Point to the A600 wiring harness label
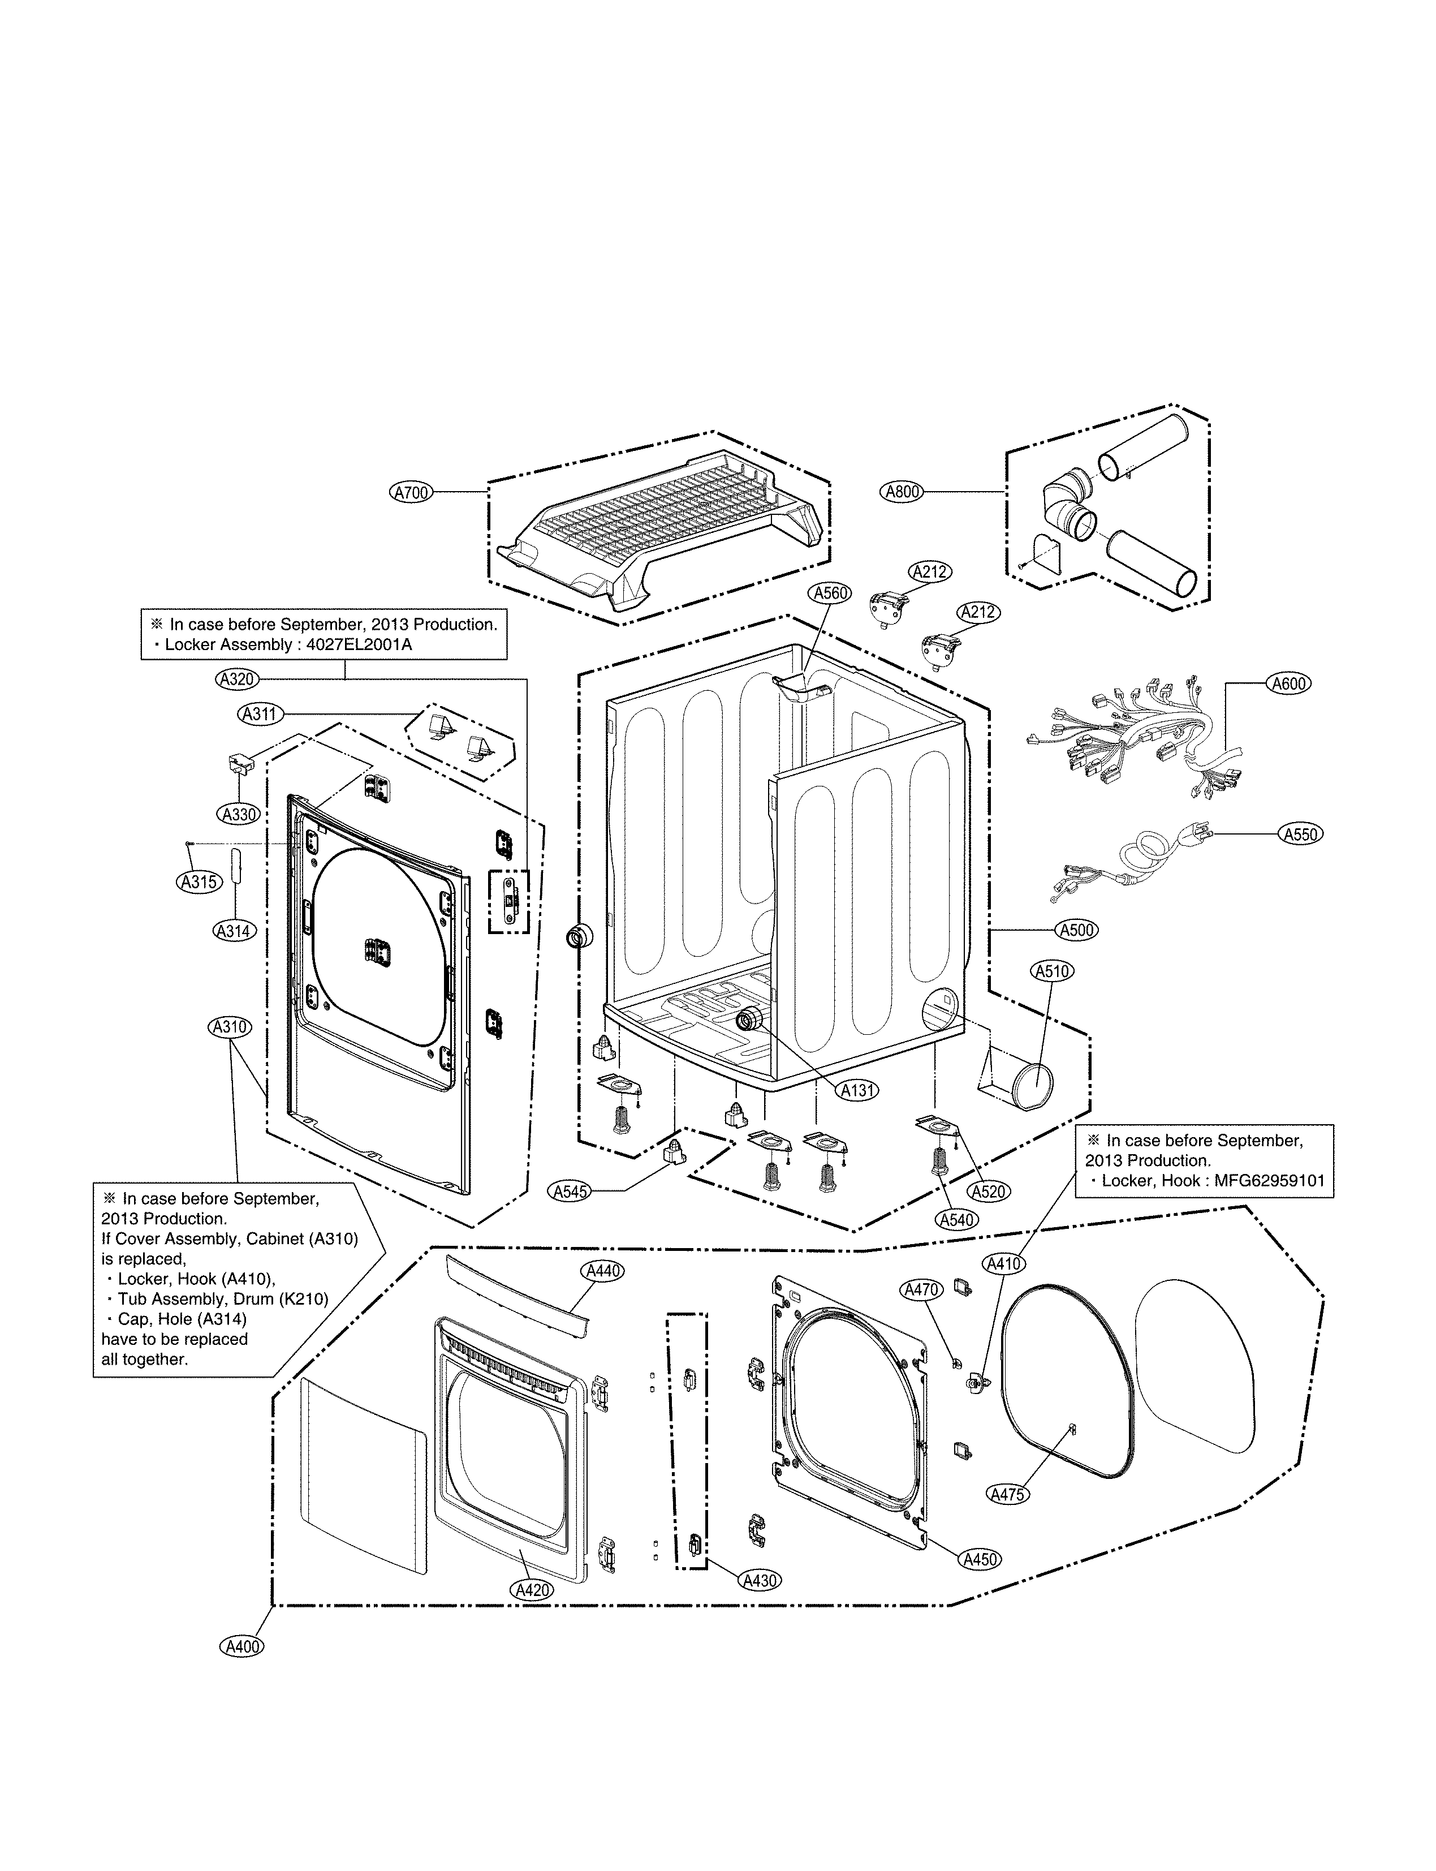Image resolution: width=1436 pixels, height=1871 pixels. coord(1288,683)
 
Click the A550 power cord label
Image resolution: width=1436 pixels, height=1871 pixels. coord(1300,835)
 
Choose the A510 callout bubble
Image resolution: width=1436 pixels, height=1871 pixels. coord(1053,971)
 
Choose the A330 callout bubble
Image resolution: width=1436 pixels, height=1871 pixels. coord(240,815)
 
